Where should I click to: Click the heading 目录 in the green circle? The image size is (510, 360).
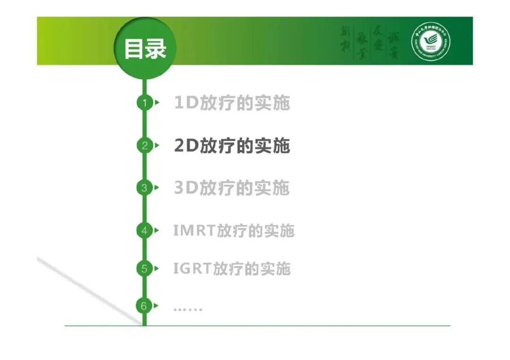(145, 49)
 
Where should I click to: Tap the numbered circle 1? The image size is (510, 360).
(144, 102)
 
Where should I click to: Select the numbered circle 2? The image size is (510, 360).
(144, 145)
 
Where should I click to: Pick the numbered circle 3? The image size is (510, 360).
(144, 188)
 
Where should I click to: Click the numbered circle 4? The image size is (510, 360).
(144, 231)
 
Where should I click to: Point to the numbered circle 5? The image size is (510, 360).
(144, 269)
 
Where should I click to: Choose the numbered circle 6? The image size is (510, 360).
(144, 306)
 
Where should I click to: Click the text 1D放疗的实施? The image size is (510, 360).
(231, 103)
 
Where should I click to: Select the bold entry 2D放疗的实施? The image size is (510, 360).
(231, 146)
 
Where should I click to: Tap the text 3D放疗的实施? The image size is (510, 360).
(231, 188)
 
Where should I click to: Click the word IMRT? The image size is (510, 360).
(194, 231)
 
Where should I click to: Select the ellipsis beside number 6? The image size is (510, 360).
(187, 309)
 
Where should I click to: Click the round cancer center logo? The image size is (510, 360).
(430, 41)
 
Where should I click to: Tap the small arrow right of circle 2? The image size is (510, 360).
(156, 145)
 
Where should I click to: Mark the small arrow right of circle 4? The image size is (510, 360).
(156, 231)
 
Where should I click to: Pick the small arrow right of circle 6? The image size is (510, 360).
(156, 306)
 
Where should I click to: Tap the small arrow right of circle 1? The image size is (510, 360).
(156, 102)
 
